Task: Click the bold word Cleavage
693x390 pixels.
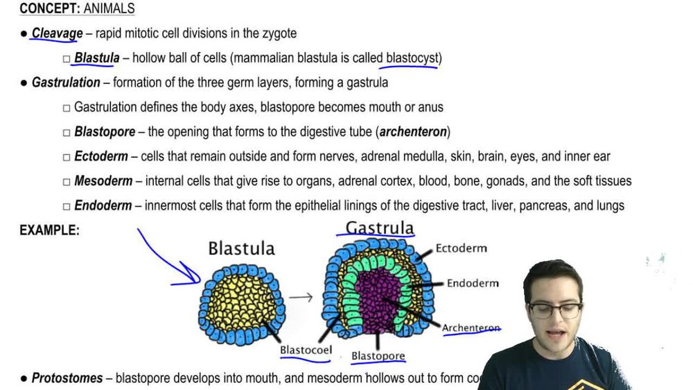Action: tap(57, 33)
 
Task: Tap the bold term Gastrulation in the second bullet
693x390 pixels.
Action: tap(66, 83)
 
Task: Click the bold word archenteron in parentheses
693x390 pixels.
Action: tap(413, 132)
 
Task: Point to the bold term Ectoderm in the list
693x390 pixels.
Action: tap(101, 157)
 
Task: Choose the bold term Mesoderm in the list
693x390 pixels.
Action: tap(103, 181)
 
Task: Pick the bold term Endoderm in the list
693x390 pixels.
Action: tap(103, 205)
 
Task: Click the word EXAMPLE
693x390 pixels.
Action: tap(49, 230)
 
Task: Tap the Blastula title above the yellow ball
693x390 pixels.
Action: tap(241, 248)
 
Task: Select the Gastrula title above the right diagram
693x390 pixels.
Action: tap(380, 228)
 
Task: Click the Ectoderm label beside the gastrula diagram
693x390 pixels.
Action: tap(461, 248)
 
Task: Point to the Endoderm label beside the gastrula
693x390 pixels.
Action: tap(473, 283)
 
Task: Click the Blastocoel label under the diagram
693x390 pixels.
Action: tap(304, 350)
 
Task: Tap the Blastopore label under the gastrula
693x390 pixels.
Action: tap(378, 356)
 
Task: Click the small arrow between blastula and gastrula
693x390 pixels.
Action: tap(301, 298)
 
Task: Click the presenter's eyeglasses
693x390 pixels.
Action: tap(555, 309)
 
